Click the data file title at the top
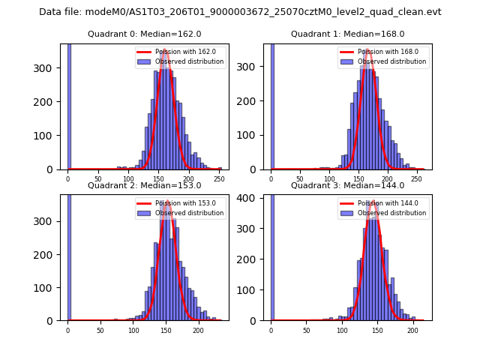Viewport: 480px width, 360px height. (x=240, y=12)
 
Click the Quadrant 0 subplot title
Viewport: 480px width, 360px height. (x=145, y=34)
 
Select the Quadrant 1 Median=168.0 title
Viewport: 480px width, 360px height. (x=348, y=34)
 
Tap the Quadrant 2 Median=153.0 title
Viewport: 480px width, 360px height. (x=145, y=185)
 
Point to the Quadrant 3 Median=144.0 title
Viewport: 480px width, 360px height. (x=348, y=185)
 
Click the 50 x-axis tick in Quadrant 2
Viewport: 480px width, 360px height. (x=100, y=330)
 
